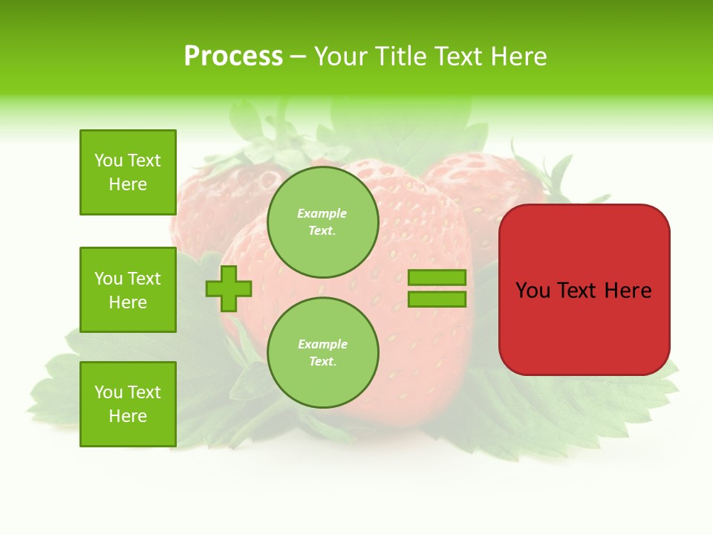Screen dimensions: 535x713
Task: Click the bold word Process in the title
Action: coord(233,56)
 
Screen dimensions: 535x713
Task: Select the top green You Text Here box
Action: coord(128,172)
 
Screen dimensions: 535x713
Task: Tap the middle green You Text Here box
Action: coord(128,290)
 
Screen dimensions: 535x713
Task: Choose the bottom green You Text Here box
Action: coord(128,404)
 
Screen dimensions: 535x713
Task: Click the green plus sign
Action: coord(229,288)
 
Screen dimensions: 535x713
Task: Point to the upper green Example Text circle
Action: coord(322,222)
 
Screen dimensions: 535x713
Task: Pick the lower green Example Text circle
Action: coord(322,353)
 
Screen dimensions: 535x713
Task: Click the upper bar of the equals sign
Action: coord(437,277)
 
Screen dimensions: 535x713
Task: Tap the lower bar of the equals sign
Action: coord(437,299)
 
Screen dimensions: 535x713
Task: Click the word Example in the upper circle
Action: coord(322,213)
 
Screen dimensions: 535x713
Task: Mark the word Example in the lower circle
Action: coord(322,344)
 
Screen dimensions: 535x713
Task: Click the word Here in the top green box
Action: coord(128,184)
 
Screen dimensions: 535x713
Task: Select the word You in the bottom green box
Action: coord(108,392)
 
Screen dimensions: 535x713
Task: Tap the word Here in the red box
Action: coord(628,291)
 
